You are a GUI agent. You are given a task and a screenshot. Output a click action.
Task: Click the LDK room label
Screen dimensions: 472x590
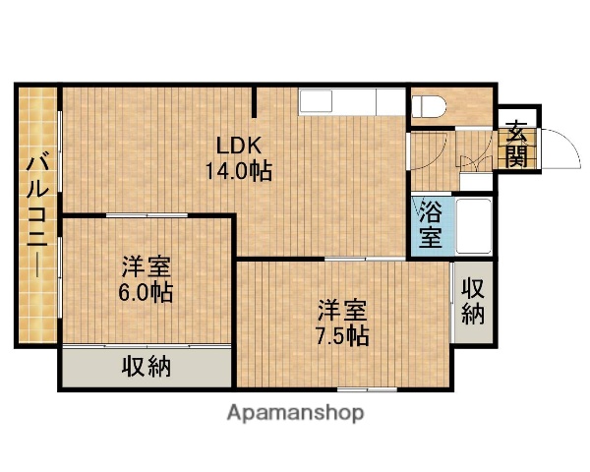(x=239, y=146)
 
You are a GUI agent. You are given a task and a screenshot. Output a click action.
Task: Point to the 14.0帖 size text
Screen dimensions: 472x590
(x=239, y=170)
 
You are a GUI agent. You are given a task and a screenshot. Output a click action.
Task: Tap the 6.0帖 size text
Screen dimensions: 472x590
(x=147, y=292)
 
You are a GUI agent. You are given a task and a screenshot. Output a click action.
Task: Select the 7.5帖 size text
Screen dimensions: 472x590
(x=342, y=335)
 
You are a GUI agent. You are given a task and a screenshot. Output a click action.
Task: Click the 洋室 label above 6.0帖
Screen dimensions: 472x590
(x=147, y=267)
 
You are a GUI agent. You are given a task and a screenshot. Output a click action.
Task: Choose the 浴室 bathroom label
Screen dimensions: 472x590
(x=430, y=224)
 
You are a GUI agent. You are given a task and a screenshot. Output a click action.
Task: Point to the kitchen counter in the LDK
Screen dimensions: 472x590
(x=352, y=101)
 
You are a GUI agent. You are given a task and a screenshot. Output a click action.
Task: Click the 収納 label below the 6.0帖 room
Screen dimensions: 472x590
(x=147, y=368)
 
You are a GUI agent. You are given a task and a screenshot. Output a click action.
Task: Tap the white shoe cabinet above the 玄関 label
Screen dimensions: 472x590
(x=517, y=112)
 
